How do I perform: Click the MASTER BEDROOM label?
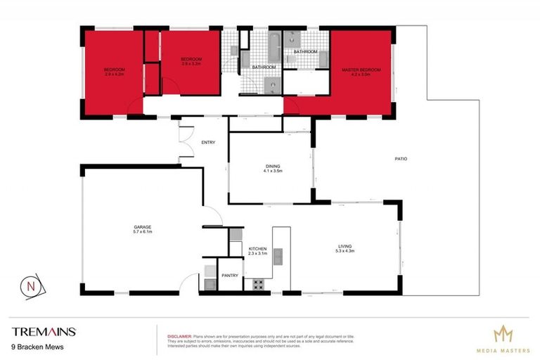(361, 70)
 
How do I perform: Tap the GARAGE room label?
(143, 227)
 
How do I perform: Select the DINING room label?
(270, 166)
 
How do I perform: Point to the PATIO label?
(401, 159)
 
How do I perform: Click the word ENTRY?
(208, 143)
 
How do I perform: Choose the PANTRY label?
(230, 276)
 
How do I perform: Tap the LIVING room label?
(345, 246)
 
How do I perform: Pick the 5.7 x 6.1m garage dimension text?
(143, 231)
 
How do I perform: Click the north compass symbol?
(32, 286)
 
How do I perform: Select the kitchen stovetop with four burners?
(257, 285)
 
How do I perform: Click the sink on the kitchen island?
(278, 255)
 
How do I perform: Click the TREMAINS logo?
(44, 331)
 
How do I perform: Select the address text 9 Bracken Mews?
(34, 347)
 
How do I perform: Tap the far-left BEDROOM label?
(114, 70)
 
